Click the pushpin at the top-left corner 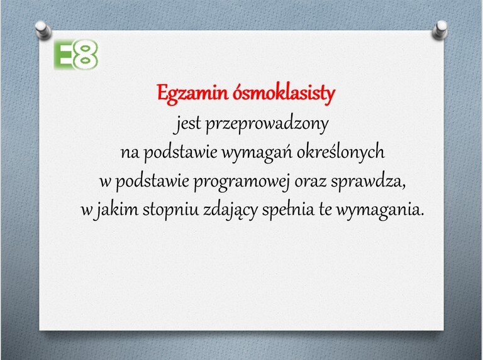(43, 30)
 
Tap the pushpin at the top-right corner (440, 30)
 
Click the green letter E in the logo (62, 55)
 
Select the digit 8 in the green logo (86, 55)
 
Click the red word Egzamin (192, 94)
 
